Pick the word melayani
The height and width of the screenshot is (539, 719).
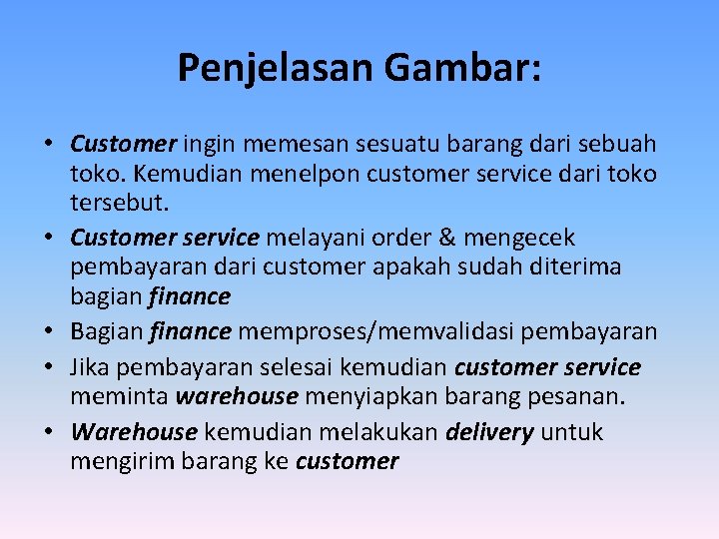pyautogui.click(x=314, y=239)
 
